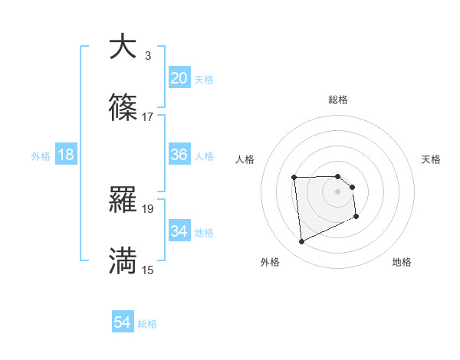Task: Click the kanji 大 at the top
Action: pyautogui.click(x=123, y=47)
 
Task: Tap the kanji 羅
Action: pyautogui.click(x=123, y=200)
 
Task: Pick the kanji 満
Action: pyautogui.click(x=123, y=261)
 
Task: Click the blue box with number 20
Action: pyautogui.click(x=179, y=78)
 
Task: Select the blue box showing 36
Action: pyautogui.click(x=179, y=155)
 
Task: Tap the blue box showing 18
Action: pyautogui.click(x=65, y=155)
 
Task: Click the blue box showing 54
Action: pyautogui.click(x=122, y=323)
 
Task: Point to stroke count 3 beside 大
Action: pyautogui.click(x=147, y=55)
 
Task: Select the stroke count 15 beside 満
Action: pyautogui.click(x=147, y=270)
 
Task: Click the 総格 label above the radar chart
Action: pyautogui.click(x=337, y=100)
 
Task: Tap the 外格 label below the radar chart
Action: pyautogui.click(x=270, y=262)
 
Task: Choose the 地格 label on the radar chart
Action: pyautogui.click(x=402, y=262)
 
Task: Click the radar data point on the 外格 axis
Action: pyautogui.click(x=302, y=242)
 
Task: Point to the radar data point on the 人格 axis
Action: pyautogui.click(x=294, y=178)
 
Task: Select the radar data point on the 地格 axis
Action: pyautogui.click(x=357, y=218)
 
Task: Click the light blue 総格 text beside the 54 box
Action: pyautogui.click(x=147, y=324)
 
